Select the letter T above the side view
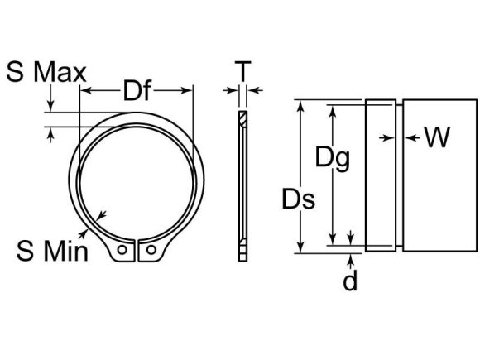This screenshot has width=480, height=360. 242,72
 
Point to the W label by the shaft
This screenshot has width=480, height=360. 437,137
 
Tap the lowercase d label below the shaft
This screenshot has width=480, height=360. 351,281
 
